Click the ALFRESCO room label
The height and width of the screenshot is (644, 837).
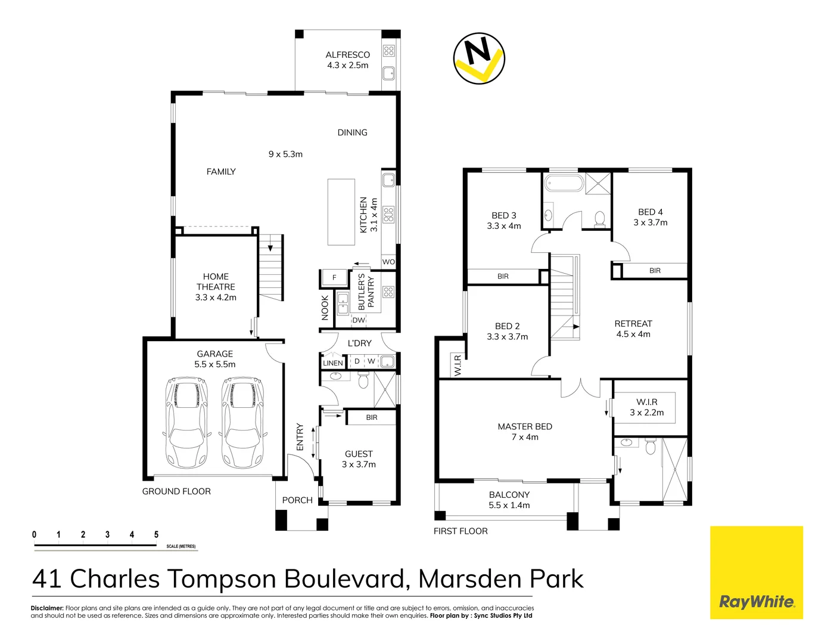tap(347, 55)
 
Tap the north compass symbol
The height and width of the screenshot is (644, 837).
tap(479, 58)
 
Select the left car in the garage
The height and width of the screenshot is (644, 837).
tap(187, 422)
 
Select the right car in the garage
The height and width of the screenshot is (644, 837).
tap(242, 422)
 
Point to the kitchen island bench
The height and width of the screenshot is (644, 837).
tap(341, 212)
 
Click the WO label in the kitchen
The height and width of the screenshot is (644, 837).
tap(388, 262)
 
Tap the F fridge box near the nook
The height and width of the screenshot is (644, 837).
tap(334, 277)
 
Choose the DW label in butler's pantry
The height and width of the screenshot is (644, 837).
tap(359, 320)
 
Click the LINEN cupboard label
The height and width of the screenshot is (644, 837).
tap(333, 363)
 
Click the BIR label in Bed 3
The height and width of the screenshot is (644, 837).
tap(503, 276)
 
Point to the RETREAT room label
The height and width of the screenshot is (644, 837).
tap(633, 324)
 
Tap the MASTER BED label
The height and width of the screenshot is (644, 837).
tap(525, 426)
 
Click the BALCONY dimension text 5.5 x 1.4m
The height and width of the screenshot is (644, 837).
tap(509, 505)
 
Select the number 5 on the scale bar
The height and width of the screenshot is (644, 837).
tap(156, 534)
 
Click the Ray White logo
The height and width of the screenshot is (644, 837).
tap(756, 572)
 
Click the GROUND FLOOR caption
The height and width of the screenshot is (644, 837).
tap(176, 491)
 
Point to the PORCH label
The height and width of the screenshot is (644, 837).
tap(297, 500)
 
